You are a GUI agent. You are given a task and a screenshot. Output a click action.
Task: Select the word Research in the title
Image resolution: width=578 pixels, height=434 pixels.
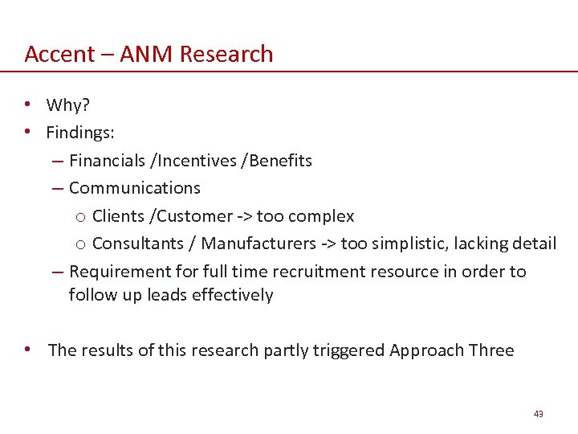226,54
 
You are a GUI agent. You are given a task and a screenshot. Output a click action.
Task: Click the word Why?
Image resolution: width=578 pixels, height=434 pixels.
67,105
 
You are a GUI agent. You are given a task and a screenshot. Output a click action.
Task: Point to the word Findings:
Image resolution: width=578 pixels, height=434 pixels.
80,133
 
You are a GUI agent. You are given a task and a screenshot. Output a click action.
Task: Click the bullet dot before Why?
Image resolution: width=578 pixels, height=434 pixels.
28,105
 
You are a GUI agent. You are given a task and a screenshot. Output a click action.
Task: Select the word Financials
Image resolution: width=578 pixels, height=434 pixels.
108,160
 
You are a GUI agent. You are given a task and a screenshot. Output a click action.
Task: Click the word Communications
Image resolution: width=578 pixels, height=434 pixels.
135,187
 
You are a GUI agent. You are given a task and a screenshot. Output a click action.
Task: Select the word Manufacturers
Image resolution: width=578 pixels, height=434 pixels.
258,243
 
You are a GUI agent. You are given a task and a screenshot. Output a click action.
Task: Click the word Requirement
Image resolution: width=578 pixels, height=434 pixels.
117,271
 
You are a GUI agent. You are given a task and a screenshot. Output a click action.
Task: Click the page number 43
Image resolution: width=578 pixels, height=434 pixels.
538,413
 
